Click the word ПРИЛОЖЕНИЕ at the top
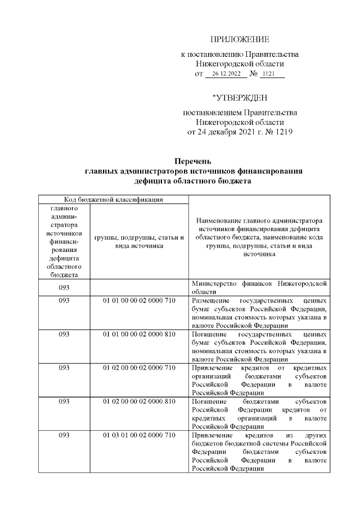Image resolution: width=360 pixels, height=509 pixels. pyautogui.click(x=240, y=39)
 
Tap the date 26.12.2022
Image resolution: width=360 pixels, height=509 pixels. pyautogui.click(x=222, y=74)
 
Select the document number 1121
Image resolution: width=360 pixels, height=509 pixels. pyautogui.click(x=273, y=74)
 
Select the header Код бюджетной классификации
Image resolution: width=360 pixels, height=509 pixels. pyautogui.click(x=112, y=199)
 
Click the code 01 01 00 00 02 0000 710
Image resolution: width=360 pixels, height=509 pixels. pyautogui.click(x=139, y=301)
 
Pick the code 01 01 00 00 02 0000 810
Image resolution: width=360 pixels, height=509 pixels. pyautogui.click(x=139, y=334)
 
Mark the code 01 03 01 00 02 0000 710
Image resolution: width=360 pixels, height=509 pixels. pyautogui.click(x=139, y=435)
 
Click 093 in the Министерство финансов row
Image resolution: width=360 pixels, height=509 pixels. pyautogui.click(x=64, y=287)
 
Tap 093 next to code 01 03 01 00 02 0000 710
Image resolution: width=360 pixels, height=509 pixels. pyautogui.click(x=64, y=435)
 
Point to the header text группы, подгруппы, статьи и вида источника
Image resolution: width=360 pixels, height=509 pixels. pyautogui.click(x=139, y=241)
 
